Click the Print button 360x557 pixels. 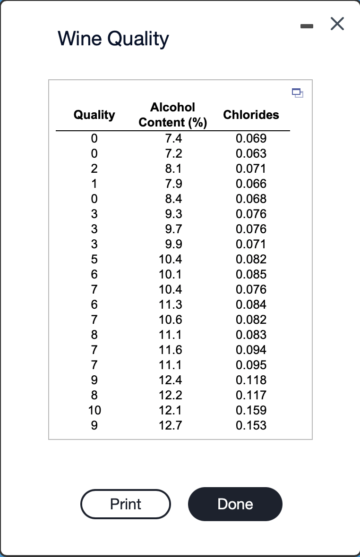tap(125, 504)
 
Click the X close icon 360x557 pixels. tap(337, 24)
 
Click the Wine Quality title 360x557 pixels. tap(113, 39)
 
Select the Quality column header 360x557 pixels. tap(94, 115)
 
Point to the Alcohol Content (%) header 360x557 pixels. tap(172, 115)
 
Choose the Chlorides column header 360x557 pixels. tap(251, 115)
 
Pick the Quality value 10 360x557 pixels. tap(94, 410)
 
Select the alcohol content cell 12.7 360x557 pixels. tap(171, 425)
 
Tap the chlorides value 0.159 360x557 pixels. tap(251, 410)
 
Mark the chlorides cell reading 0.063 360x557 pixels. tap(251, 153)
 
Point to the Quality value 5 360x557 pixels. tap(94, 259)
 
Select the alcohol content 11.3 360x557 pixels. tap(171, 304)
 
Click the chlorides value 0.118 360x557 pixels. tap(251, 380)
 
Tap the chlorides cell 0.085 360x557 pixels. tap(251, 274)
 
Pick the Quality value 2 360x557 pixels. tap(94, 169)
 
